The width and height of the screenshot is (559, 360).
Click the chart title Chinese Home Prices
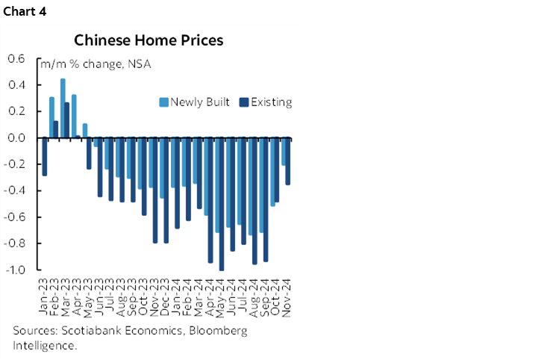[148, 40]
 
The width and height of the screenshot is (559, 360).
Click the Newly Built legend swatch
[164, 102]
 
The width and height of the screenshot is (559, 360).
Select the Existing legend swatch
[243, 102]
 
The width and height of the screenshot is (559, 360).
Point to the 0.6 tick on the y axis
[16, 59]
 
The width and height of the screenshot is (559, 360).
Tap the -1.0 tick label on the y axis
[14, 270]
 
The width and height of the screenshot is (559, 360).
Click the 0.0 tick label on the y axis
[16, 138]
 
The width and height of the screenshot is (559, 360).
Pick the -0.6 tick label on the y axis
[14, 217]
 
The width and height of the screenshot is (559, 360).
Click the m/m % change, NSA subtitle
[96, 64]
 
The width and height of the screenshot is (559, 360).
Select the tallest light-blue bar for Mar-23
[63, 108]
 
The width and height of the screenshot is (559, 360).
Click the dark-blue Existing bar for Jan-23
[45, 157]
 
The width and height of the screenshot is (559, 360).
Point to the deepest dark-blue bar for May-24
[222, 204]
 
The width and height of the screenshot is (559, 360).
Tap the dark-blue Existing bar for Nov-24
[288, 161]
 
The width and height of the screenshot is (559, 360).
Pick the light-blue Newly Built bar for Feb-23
[51, 117]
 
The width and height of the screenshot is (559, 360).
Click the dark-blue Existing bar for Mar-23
[67, 120]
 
